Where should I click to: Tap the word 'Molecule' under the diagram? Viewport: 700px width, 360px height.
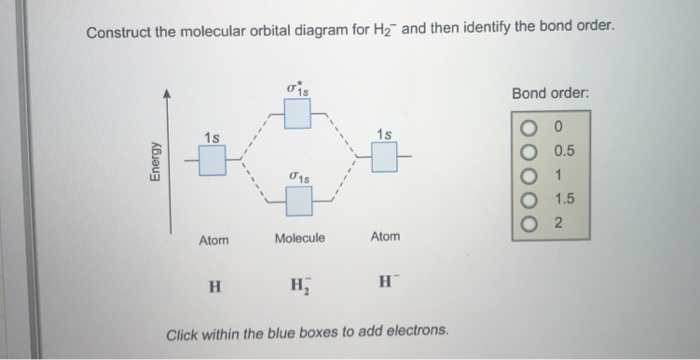point(300,239)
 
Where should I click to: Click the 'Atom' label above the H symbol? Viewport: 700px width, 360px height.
point(213,240)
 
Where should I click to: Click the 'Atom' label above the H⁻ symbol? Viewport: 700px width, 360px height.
point(385,236)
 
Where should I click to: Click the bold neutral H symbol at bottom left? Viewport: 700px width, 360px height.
point(213,284)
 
